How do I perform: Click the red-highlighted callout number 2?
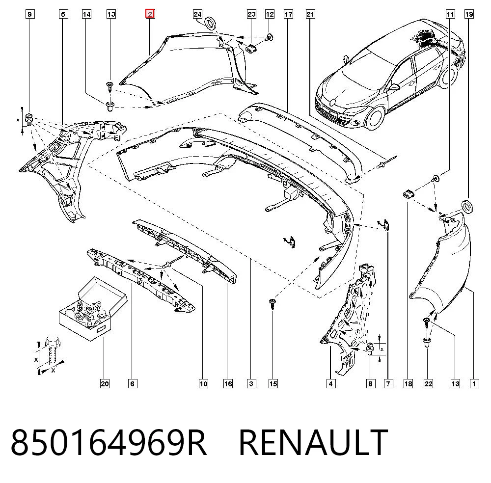pyautogui.click(x=150, y=14)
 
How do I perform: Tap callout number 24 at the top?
pyautogui.click(x=197, y=14)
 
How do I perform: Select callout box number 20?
pyautogui.click(x=105, y=383)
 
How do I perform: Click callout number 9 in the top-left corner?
pyautogui.click(x=30, y=14)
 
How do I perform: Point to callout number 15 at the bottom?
pyautogui.click(x=273, y=383)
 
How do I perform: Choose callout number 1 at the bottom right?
pyautogui.click(x=474, y=383)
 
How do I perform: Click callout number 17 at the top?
pyautogui.click(x=288, y=14)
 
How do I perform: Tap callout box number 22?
pyautogui.click(x=428, y=383)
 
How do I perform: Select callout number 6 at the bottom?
pyautogui.click(x=132, y=383)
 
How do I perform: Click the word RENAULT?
pyautogui.click(x=313, y=442)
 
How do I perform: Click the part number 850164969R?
pyautogui.click(x=109, y=442)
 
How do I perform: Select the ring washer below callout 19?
pyautogui.click(x=467, y=207)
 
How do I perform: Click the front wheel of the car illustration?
pyautogui.click(x=375, y=118)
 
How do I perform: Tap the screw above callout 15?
pyautogui.click(x=273, y=304)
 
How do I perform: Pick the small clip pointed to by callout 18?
pyautogui.click(x=409, y=194)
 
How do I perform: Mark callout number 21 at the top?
pyautogui.click(x=310, y=14)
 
